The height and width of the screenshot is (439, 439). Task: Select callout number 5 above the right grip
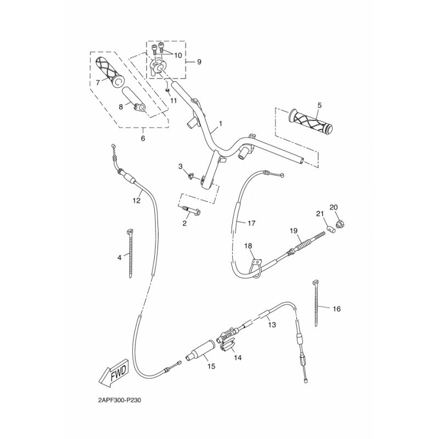[319, 104]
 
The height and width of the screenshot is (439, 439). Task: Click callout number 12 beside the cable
[137, 201]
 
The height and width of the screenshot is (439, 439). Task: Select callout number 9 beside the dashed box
[199, 62]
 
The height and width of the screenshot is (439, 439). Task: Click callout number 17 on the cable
[251, 223]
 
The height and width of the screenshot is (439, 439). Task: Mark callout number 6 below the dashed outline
[143, 138]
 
